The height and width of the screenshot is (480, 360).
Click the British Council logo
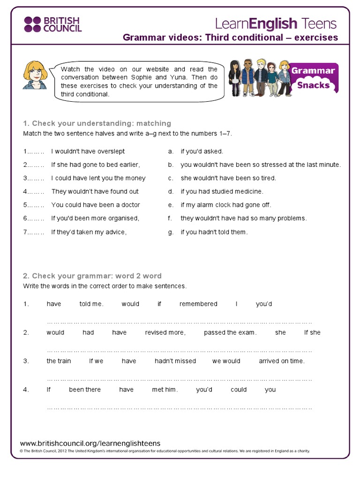pyautogui.click(x=52, y=24)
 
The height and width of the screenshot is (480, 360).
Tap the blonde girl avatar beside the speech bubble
pyautogui.click(x=35, y=75)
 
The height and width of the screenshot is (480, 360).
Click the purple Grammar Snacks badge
pyautogui.click(x=314, y=78)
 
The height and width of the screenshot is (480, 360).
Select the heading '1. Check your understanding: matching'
pyautogui.click(x=97, y=123)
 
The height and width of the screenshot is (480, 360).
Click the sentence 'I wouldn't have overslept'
pyautogui.click(x=88, y=151)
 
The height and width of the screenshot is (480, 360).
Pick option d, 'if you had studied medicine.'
pyautogui.click(x=222, y=191)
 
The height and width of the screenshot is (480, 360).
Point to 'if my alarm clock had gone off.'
pyautogui.click(x=226, y=205)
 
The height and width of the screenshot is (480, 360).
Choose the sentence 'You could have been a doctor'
pyautogui.click(x=96, y=205)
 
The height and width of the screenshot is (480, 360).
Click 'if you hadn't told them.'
pyautogui.click(x=214, y=232)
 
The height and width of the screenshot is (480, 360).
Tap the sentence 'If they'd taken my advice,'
pyautogui.click(x=89, y=232)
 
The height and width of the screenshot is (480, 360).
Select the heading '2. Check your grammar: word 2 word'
pyautogui.click(x=92, y=276)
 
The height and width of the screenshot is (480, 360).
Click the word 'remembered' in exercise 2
pyautogui.click(x=198, y=304)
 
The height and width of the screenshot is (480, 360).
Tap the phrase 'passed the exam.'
pyautogui.click(x=230, y=332)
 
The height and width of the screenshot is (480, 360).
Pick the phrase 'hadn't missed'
pyautogui.click(x=175, y=361)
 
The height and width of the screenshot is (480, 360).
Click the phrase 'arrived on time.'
pyautogui.click(x=282, y=361)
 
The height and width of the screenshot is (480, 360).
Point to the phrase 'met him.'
pyautogui.click(x=165, y=390)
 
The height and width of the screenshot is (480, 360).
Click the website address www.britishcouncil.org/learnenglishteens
pyautogui.click(x=90, y=443)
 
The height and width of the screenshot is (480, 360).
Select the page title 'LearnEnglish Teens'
pyautogui.click(x=276, y=23)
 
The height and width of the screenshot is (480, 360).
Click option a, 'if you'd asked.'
pyautogui.click(x=202, y=151)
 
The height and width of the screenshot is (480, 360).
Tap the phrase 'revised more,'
pyautogui.click(x=165, y=332)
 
